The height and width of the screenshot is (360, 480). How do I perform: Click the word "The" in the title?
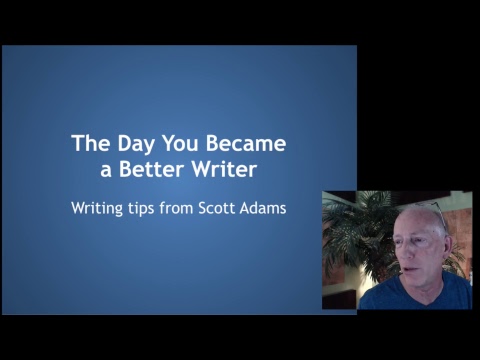(91, 143)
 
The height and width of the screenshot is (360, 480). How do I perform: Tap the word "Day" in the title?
(136, 145)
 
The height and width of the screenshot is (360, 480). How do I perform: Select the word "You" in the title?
(180, 143)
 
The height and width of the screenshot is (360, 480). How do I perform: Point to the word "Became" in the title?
(246, 143)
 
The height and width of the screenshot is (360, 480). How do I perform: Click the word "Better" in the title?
(152, 169)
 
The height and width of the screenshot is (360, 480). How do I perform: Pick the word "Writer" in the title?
(224, 169)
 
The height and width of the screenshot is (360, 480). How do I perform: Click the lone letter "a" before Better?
(106, 171)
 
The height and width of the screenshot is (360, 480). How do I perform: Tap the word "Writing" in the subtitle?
(97, 209)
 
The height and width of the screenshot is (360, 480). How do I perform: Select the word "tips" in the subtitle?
(141, 209)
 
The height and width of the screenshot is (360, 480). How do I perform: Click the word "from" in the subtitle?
(176, 208)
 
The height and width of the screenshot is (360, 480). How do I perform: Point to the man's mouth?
(408, 272)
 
